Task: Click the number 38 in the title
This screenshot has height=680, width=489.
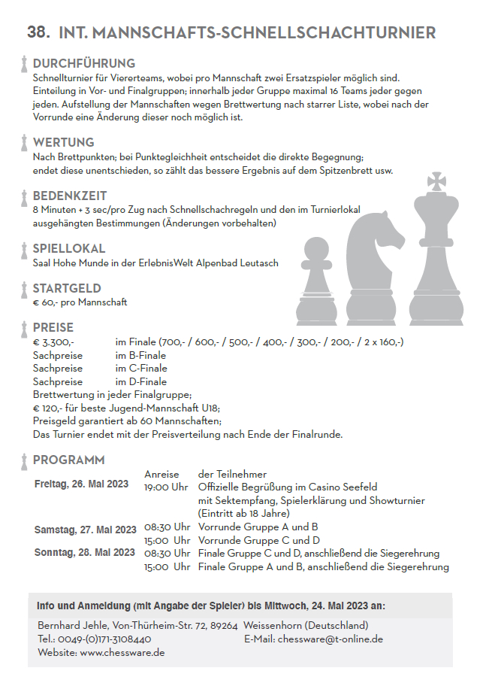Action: coord(38,32)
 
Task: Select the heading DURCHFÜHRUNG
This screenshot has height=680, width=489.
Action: coord(84,63)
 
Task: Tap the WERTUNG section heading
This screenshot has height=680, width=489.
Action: coord(63,142)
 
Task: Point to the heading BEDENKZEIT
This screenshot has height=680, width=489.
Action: coord(70,196)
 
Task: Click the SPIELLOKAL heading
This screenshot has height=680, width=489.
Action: coord(69,249)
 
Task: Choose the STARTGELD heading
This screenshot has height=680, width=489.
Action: coord(67,288)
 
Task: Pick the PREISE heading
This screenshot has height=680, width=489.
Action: coord(53,328)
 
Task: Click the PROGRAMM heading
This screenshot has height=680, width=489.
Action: coord(69,460)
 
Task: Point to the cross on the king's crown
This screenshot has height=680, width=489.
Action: coord(436,181)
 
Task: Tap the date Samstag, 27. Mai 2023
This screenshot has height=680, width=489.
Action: coord(85,530)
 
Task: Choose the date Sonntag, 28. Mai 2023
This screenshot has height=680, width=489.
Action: coord(85,552)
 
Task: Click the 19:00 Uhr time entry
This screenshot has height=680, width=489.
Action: coord(166,487)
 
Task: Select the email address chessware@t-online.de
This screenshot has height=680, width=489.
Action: coord(331,639)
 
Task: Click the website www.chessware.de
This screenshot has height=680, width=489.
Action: coord(122,653)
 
